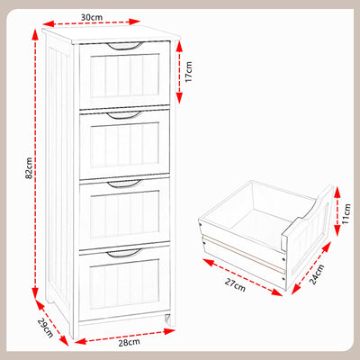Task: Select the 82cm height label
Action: pyautogui.click(x=30, y=168)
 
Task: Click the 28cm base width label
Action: pyautogui.click(x=129, y=343)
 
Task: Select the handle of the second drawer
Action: pyautogui.click(x=122, y=115)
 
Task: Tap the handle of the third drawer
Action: pyautogui.click(x=123, y=184)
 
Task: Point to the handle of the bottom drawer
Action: pyautogui.click(x=124, y=253)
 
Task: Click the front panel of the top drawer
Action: pyautogui.click(x=124, y=79)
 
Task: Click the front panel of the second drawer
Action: pyautogui.click(x=124, y=147)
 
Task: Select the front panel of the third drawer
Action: pyautogui.click(x=124, y=215)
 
